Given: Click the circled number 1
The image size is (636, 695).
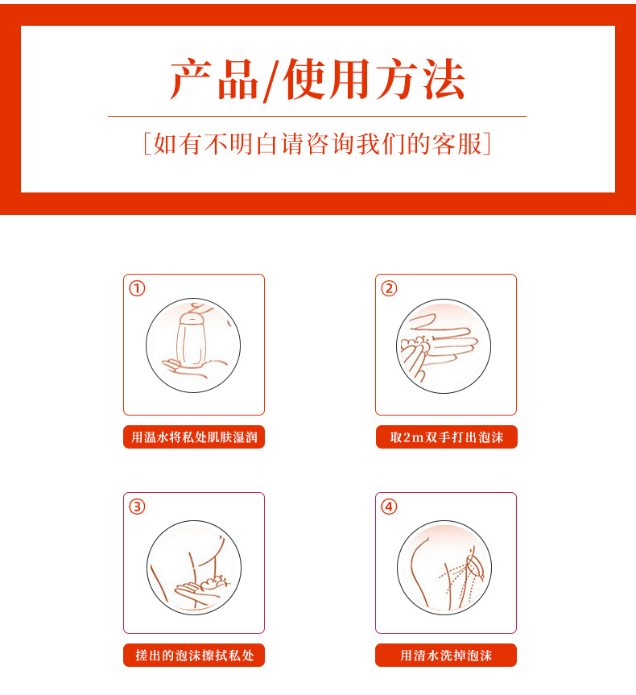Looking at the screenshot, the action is click(x=137, y=288).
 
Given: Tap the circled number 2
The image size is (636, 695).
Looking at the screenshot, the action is click(x=389, y=288).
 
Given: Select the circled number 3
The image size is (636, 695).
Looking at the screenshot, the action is click(x=137, y=507).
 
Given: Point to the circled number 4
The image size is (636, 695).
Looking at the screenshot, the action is click(x=389, y=507).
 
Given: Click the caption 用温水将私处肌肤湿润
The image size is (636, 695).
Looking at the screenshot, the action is click(x=194, y=437).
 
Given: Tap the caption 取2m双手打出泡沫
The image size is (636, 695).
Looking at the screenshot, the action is click(x=446, y=437).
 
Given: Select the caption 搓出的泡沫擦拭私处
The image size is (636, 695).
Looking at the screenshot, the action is click(x=194, y=655).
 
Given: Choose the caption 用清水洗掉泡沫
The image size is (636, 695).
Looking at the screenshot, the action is click(x=446, y=655).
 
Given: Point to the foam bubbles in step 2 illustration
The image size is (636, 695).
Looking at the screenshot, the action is click(x=415, y=345).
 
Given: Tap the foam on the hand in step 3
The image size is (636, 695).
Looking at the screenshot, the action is click(x=214, y=583).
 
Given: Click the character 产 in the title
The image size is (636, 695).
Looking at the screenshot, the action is click(x=191, y=80).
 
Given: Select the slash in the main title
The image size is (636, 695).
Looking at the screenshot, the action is click(x=271, y=81).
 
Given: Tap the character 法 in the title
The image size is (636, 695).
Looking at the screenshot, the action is click(x=444, y=80).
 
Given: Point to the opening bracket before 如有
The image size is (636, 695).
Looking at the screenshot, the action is click(x=147, y=143).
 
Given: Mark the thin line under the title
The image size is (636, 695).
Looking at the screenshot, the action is click(x=317, y=116).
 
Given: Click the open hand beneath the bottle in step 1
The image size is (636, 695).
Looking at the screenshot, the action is click(x=192, y=368).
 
